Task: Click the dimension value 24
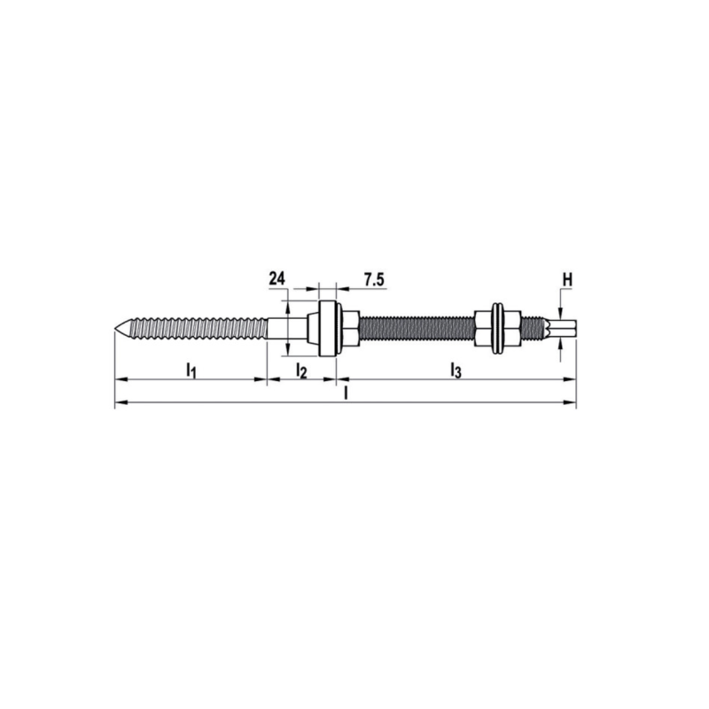(277, 279)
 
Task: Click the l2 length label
(300, 370)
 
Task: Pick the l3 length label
(456, 370)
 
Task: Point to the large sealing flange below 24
(326, 327)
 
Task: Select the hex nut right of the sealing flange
(348, 327)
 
